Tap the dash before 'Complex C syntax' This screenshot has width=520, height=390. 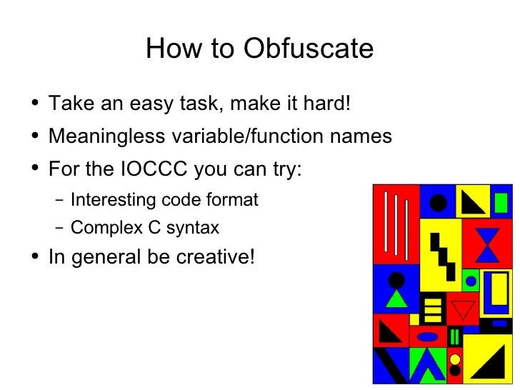tap(59, 229)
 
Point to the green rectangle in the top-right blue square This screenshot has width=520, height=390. tap(501, 203)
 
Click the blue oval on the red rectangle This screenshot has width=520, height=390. tap(428, 336)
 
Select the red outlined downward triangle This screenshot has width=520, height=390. tap(464, 309)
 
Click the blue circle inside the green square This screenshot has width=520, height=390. tap(471, 280)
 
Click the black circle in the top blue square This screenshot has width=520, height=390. tap(438, 202)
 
